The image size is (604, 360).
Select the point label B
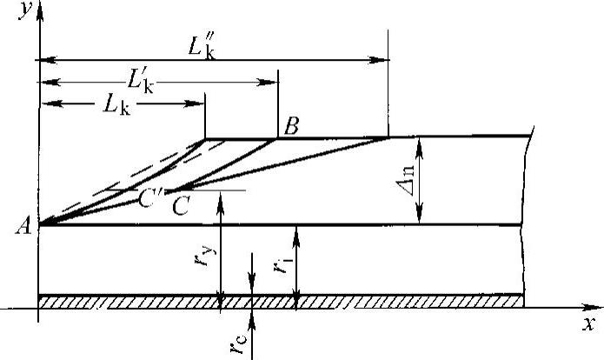click(291, 125)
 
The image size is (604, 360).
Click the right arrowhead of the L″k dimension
click(384, 61)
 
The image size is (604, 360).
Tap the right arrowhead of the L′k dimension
click(272, 83)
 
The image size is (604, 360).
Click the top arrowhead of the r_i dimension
click(297, 230)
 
